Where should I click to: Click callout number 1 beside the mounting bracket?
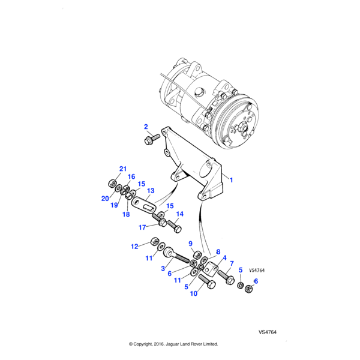pyautogui.click(x=232, y=179)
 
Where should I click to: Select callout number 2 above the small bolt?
pyautogui.click(x=145, y=127)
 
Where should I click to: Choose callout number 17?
pyautogui.click(x=142, y=227)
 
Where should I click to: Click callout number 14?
pyautogui.click(x=179, y=214)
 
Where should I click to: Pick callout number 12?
pyautogui.click(x=135, y=246)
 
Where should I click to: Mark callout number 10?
pyautogui.click(x=194, y=294)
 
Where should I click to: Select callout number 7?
pyautogui.click(x=232, y=263)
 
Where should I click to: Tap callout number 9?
pyautogui.click(x=190, y=244)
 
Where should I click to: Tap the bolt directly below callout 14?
pyautogui.click(x=176, y=227)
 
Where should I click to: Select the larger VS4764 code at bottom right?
pyautogui.click(x=267, y=332)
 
